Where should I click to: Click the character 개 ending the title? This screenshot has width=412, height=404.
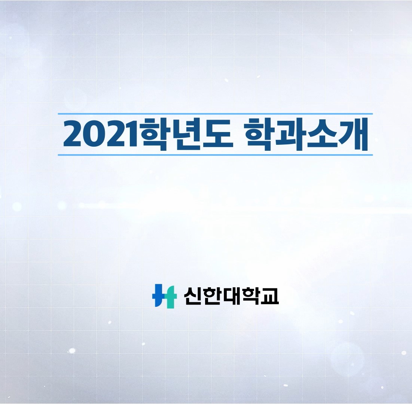(353, 134)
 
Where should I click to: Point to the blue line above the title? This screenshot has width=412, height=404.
(215, 114)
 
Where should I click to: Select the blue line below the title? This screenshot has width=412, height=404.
(215, 155)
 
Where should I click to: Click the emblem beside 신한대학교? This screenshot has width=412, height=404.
(165, 296)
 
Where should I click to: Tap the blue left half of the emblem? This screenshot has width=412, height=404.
(159, 295)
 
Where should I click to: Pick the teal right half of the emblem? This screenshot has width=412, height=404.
(171, 297)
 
